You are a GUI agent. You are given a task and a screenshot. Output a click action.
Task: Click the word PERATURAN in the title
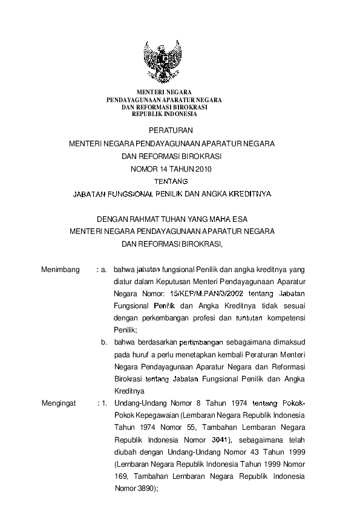click(x=172, y=131)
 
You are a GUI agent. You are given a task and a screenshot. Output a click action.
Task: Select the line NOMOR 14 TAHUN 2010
click(x=172, y=169)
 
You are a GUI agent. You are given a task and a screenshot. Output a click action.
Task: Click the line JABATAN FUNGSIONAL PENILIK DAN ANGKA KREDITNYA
click(x=172, y=195)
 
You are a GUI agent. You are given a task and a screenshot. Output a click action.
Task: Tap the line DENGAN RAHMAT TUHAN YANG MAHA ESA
click(x=172, y=219)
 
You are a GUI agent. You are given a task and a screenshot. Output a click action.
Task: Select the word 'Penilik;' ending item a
click(x=125, y=329)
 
